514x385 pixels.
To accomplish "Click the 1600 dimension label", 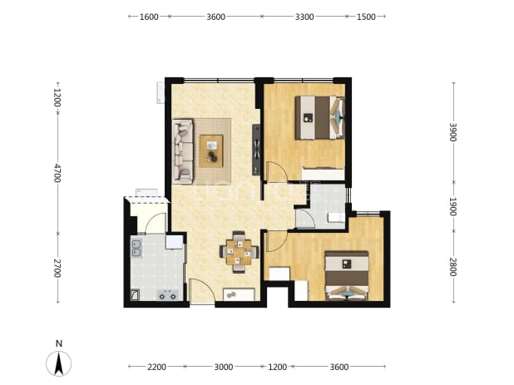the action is pyautogui.click(x=149, y=17).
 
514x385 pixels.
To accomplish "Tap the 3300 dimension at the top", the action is pyautogui.click(x=304, y=17).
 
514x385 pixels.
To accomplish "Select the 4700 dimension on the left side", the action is pyautogui.click(x=57, y=173).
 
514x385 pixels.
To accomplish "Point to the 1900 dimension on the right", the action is pyautogui.click(x=452, y=206).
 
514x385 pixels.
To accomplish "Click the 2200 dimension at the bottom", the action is pyautogui.click(x=156, y=367).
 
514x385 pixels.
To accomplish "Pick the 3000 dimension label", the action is pyautogui.click(x=224, y=367).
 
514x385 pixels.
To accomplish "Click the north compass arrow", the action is pyautogui.click(x=59, y=363).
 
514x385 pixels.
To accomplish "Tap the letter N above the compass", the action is pyautogui.click(x=59, y=343).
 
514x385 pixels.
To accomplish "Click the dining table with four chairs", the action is pyautogui.click(x=239, y=252).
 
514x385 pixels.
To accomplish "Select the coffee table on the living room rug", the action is pyautogui.click(x=211, y=151).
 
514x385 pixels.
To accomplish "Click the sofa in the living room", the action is pyautogui.click(x=183, y=151).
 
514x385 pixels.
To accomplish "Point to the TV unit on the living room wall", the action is pyautogui.click(x=256, y=150).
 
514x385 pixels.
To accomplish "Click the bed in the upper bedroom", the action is pyautogui.click(x=319, y=117).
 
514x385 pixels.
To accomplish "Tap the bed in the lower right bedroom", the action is pyautogui.click(x=347, y=275).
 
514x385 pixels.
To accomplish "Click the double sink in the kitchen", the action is pyautogui.click(x=136, y=248).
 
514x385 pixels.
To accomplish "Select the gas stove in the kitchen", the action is pyautogui.click(x=167, y=295).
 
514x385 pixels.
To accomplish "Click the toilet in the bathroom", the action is pyautogui.click(x=337, y=217).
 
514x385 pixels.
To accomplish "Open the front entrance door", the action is pyautogui.click(x=202, y=291).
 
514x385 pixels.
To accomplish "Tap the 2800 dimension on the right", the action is pyautogui.click(x=452, y=267).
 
